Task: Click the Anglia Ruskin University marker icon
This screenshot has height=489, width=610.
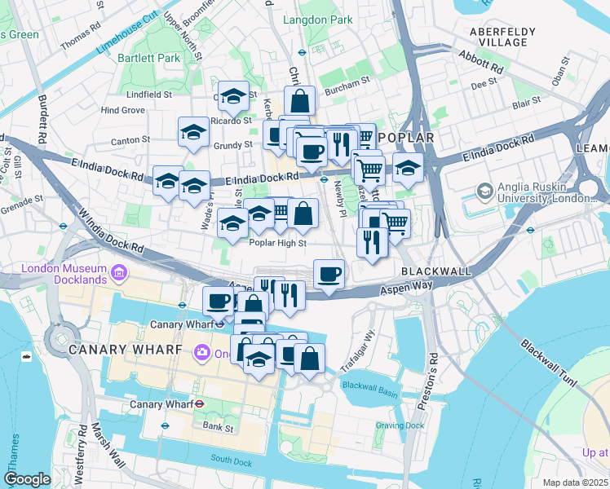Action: (484, 190)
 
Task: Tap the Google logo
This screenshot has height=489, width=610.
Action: (27, 479)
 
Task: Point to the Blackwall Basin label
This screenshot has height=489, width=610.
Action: (370, 385)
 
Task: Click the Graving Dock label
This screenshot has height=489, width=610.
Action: (400, 425)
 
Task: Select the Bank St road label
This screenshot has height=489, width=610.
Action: (219, 427)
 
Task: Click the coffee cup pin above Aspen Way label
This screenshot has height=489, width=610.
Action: (329, 274)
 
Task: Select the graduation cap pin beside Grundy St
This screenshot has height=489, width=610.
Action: (193, 131)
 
